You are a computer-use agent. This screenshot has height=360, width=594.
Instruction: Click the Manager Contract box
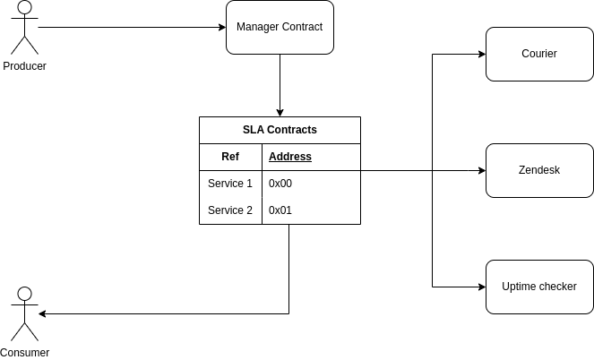tap(280, 28)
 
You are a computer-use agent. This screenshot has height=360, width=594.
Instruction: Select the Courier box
tap(539, 54)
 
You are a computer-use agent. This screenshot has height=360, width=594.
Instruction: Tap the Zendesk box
tap(539, 170)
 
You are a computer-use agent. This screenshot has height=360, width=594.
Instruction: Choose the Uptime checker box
tap(539, 287)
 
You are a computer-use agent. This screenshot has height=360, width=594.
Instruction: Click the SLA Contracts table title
tap(280, 130)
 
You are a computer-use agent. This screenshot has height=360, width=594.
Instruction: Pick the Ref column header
tap(230, 157)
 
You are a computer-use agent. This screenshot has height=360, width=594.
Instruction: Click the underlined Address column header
tap(290, 157)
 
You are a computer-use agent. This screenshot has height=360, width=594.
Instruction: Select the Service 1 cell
tap(230, 184)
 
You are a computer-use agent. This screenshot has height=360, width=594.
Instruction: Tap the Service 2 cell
tap(230, 210)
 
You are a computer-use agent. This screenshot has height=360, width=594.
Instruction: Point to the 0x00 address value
tap(280, 184)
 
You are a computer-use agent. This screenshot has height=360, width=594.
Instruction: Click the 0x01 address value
tap(280, 210)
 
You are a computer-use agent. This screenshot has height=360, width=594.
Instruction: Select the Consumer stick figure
tap(24, 314)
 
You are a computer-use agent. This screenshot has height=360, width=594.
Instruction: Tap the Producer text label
tap(24, 66)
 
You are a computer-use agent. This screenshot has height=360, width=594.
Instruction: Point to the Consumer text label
tap(24, 353)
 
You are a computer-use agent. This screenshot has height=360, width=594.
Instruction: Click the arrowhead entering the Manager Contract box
tap(221, 28)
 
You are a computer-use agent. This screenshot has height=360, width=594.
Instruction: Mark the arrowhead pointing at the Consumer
tap(43, 313)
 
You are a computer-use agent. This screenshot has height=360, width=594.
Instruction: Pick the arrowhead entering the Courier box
tap(481, 54)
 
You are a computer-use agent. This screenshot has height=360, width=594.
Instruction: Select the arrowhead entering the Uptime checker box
tap(481, 287)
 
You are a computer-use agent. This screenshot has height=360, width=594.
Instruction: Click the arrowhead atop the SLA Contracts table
tap(280, 112)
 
